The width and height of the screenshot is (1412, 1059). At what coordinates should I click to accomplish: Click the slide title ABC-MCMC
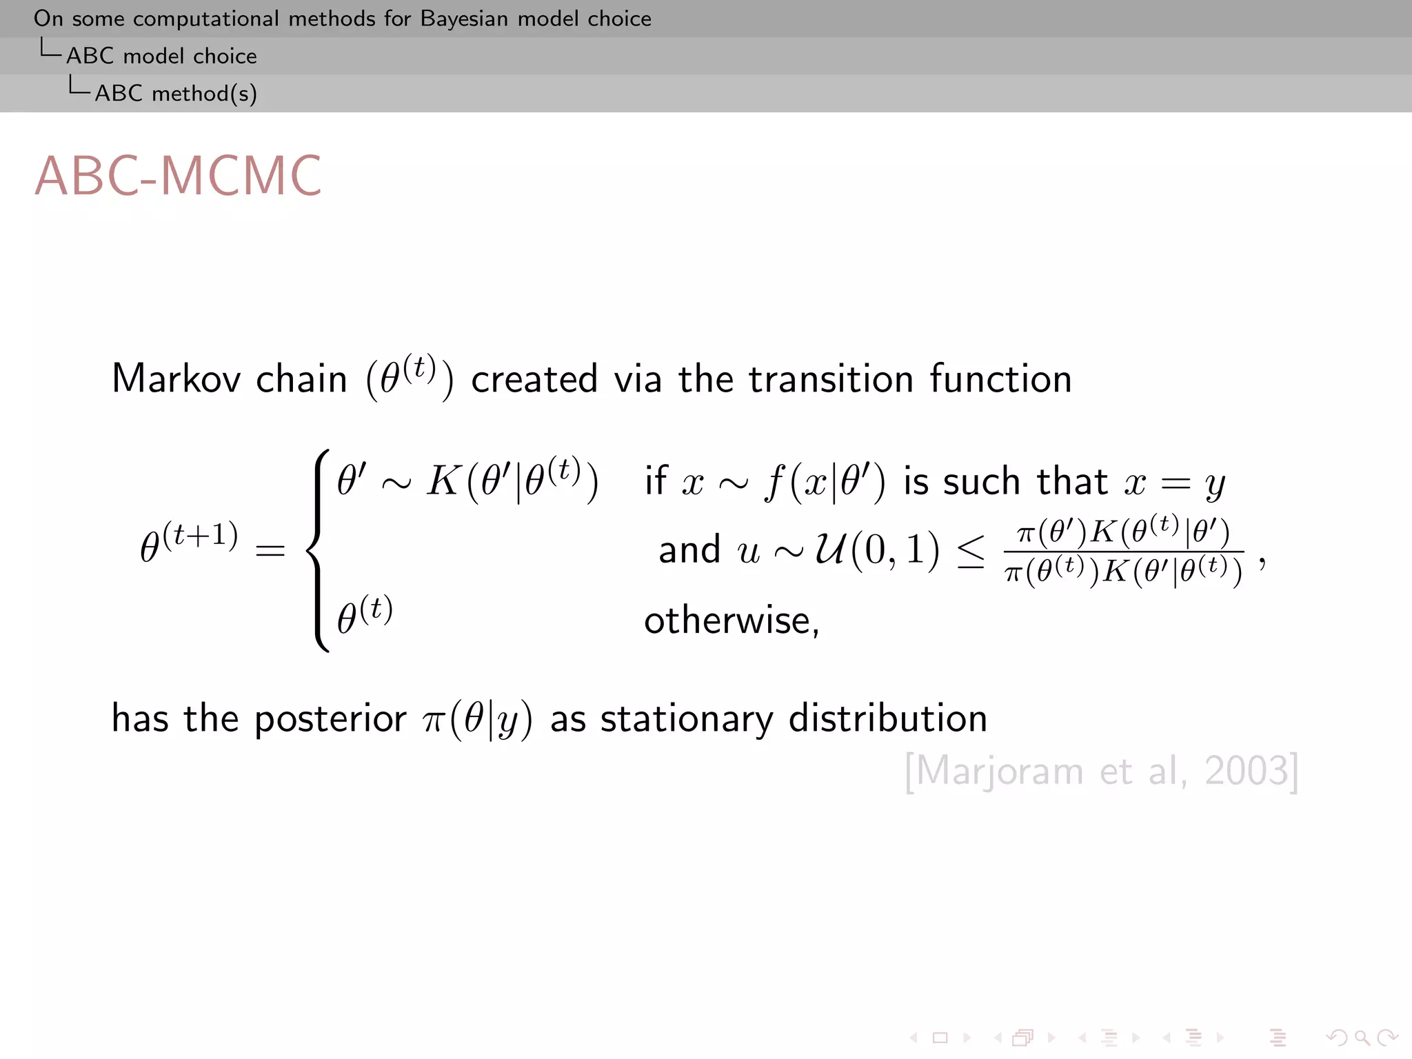[178, 176]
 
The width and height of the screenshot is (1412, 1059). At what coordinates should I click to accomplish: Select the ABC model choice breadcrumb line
[161, 56]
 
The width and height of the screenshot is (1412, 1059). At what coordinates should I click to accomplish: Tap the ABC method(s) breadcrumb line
[176, 93]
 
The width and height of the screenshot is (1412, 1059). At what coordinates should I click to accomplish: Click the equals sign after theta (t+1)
[270, 550]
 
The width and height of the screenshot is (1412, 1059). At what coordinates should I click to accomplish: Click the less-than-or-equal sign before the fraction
[971, 552]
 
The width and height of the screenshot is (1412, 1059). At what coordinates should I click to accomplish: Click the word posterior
[330, 719]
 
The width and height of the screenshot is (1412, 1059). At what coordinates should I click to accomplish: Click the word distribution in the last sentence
[887, 718]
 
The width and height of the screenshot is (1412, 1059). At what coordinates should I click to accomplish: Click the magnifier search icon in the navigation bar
[1361, 1038]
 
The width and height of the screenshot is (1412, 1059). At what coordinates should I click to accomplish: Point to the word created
[534, 379]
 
